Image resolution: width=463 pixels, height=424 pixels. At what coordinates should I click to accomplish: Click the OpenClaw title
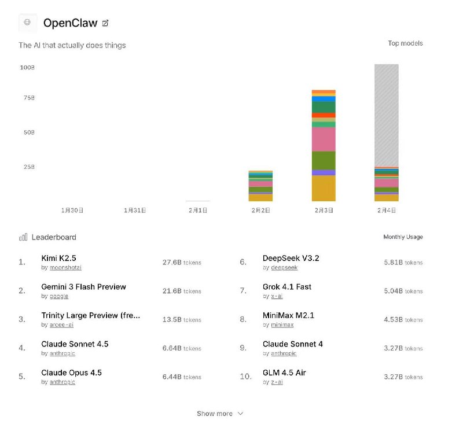pyautogui.click(x=70, y=23)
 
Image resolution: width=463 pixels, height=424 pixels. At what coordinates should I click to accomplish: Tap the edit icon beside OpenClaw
pyautogui.click(x=105, y=23)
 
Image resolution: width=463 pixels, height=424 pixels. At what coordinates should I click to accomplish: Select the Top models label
pyautogui.click(x=405, y=43)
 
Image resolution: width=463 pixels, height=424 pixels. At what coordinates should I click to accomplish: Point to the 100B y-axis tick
pyautogui.click(x=27, y=68)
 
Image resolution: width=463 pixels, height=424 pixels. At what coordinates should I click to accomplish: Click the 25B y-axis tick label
pyautogui.click(x=29, y=167)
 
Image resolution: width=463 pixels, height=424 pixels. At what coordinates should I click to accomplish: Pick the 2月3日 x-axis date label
pyautogui.click(x=324, y=211)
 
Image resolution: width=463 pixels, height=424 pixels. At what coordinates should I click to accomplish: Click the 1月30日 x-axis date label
pyautogui.click(x=72, y=211)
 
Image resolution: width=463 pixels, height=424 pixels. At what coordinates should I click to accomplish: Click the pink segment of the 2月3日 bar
pyautogui.click(x=324, y=139)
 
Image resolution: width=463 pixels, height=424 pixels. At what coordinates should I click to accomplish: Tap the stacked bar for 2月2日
pyautogui.click(x=260, y=186)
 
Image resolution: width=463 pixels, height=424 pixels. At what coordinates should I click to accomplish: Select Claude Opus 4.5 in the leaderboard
pyautogui.click(x=71, y=373)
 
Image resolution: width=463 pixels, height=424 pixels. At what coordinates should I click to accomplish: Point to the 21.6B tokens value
pyautogui.click(x=182, y=291)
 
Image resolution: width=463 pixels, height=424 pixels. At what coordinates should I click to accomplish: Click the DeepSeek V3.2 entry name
pyautogui.click(x=291, y=258)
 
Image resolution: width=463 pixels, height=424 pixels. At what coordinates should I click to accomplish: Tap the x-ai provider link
pyautogui.click(x=277, y=296)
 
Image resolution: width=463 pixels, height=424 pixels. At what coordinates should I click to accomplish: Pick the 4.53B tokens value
pyautogui.click(x=403, y=320)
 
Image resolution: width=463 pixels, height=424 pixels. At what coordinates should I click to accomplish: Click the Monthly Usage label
pyautogui.click(x=403, y=237)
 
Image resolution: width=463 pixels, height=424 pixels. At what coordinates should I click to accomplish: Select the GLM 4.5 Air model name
pyautogui.click(x=284, y=373)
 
